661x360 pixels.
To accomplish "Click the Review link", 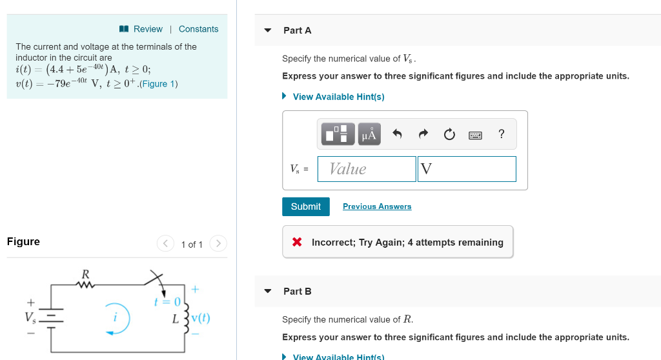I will click(147, 29).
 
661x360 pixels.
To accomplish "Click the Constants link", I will click(198, 29).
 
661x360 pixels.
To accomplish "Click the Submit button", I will click(305, 206).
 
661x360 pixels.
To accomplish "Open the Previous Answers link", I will click(377, 206).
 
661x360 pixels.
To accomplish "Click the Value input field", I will click(367, 169).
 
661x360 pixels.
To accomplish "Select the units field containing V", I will click(466, 169).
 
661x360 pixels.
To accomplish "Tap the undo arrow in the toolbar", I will click(397, 134).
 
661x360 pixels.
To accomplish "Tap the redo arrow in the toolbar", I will click(423, 134).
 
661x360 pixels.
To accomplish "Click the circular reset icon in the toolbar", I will click(449, 134).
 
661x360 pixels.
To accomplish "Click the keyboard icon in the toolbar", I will click(475, 135).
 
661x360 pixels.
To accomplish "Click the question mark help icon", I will click(502, 134).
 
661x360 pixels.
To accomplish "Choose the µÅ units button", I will click(369, 134).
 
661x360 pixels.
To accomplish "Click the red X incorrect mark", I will click(297, 243).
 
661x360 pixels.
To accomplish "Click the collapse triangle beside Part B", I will click(268, 291).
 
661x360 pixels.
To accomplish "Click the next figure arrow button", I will click(219, 244).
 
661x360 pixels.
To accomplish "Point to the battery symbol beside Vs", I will click(52, 317).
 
